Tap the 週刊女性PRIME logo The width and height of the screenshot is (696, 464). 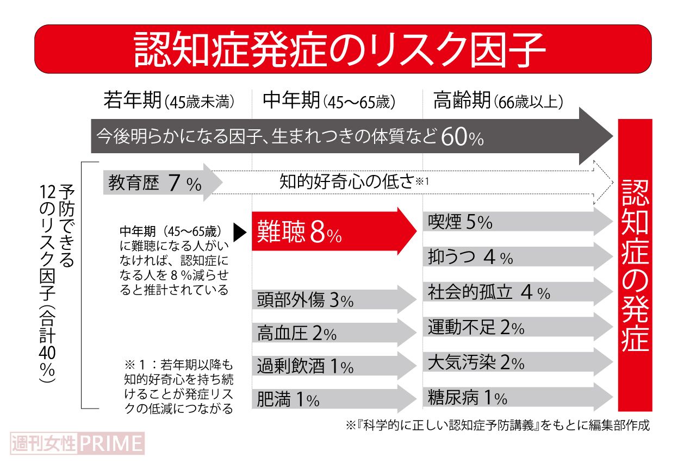click(77, 443)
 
